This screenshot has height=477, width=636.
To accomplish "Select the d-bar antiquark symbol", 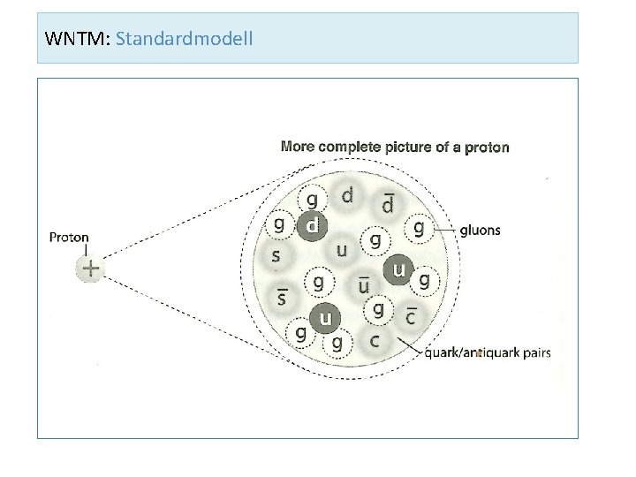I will tap(388, 204).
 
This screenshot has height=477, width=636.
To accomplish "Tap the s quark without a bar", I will tap(276, 256).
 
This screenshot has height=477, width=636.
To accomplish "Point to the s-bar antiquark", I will tap(283, 298).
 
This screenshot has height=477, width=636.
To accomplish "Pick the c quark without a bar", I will tap(375, 339).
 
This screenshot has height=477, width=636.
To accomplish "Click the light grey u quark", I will tap(341, 251).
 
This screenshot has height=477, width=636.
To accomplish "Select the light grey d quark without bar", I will tap(347, 195).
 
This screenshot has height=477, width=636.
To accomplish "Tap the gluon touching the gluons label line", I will tap(419, 229).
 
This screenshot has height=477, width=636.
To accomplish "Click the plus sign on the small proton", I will tap(90, 269).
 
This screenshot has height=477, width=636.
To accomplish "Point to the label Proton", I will tap(69, 237).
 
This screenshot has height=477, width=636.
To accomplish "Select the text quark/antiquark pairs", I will tap(488, 352).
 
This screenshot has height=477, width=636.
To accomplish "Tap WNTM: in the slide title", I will tap(77, 39).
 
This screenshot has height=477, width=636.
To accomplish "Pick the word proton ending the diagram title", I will tap(487, 146).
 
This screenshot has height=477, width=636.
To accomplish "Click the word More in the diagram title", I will tap(297, 146).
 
